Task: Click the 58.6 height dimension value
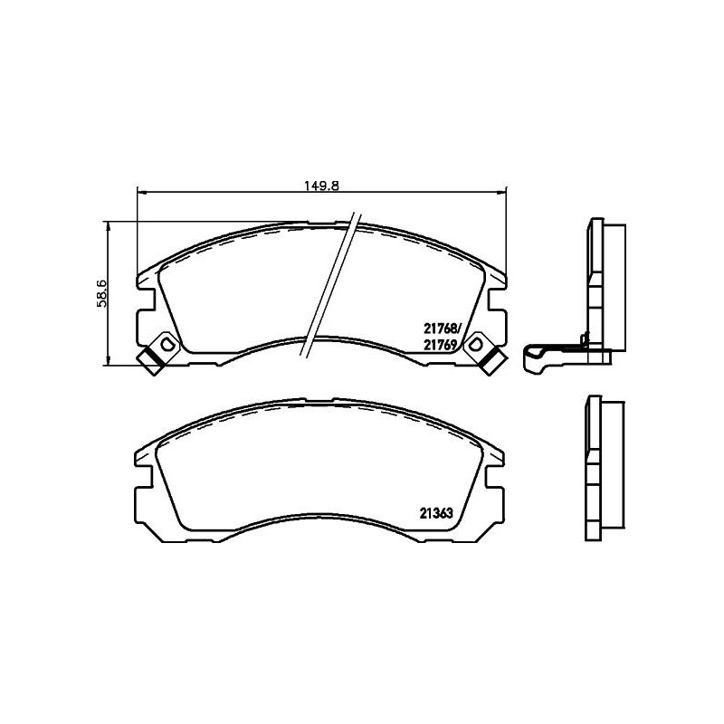[x=102, y=293]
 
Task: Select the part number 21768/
[x=443, y=330]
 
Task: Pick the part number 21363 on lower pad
[x=435, y=512]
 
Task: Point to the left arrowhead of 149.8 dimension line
[x=139, y=191]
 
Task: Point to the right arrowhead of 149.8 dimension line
[x=503, y=191]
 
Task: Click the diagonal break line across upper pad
[x=328, y=285]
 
